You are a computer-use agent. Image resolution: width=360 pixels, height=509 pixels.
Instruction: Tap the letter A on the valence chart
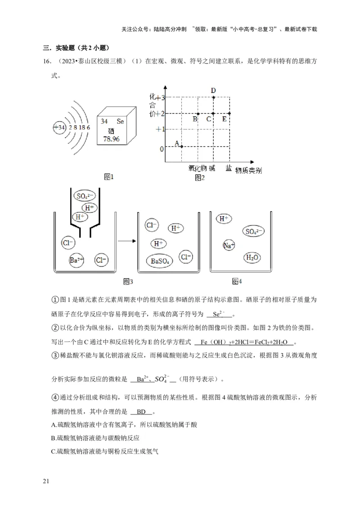(x=177, y=143)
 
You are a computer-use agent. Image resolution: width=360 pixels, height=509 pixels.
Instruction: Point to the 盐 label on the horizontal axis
(x=229, y=168)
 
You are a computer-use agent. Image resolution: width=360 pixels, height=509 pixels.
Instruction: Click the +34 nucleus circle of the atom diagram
(x=59, y=127)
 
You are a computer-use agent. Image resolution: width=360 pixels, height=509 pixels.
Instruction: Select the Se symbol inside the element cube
(x=120, y=121)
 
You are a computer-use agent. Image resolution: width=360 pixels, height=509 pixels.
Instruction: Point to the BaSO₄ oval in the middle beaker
(x=161, y=261)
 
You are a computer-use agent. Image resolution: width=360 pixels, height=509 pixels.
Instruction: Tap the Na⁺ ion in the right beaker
(x=229, y=245)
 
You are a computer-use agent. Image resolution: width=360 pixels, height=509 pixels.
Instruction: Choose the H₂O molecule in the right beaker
(x=252, y=258)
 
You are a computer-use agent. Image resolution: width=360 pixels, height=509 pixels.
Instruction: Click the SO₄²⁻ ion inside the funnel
(x=84, y=196)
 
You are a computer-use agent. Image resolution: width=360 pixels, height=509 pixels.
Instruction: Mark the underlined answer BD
(x=141, y=411)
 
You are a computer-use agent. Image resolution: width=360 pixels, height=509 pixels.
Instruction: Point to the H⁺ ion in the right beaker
(x=224, y=219)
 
